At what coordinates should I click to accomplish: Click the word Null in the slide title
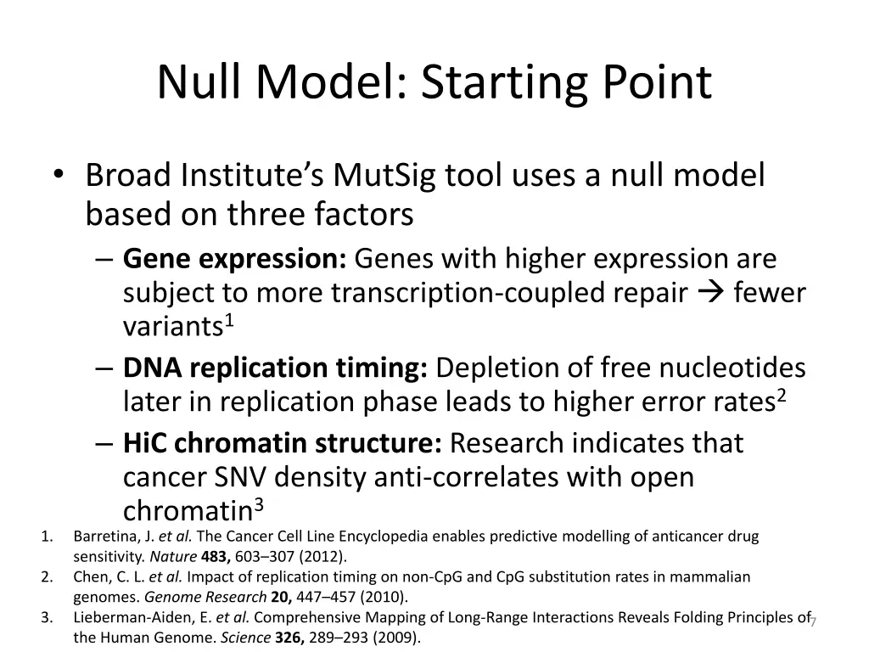coord(201,82)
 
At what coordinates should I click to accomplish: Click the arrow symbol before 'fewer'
coord(709,293)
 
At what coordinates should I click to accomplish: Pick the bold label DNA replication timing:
coord(276,368)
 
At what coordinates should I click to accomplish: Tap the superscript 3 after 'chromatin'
coord(260,506)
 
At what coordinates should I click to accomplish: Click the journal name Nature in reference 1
coord(166,557)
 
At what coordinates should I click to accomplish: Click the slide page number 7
coord(813,622)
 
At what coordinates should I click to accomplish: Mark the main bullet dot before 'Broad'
coord(57,176)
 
